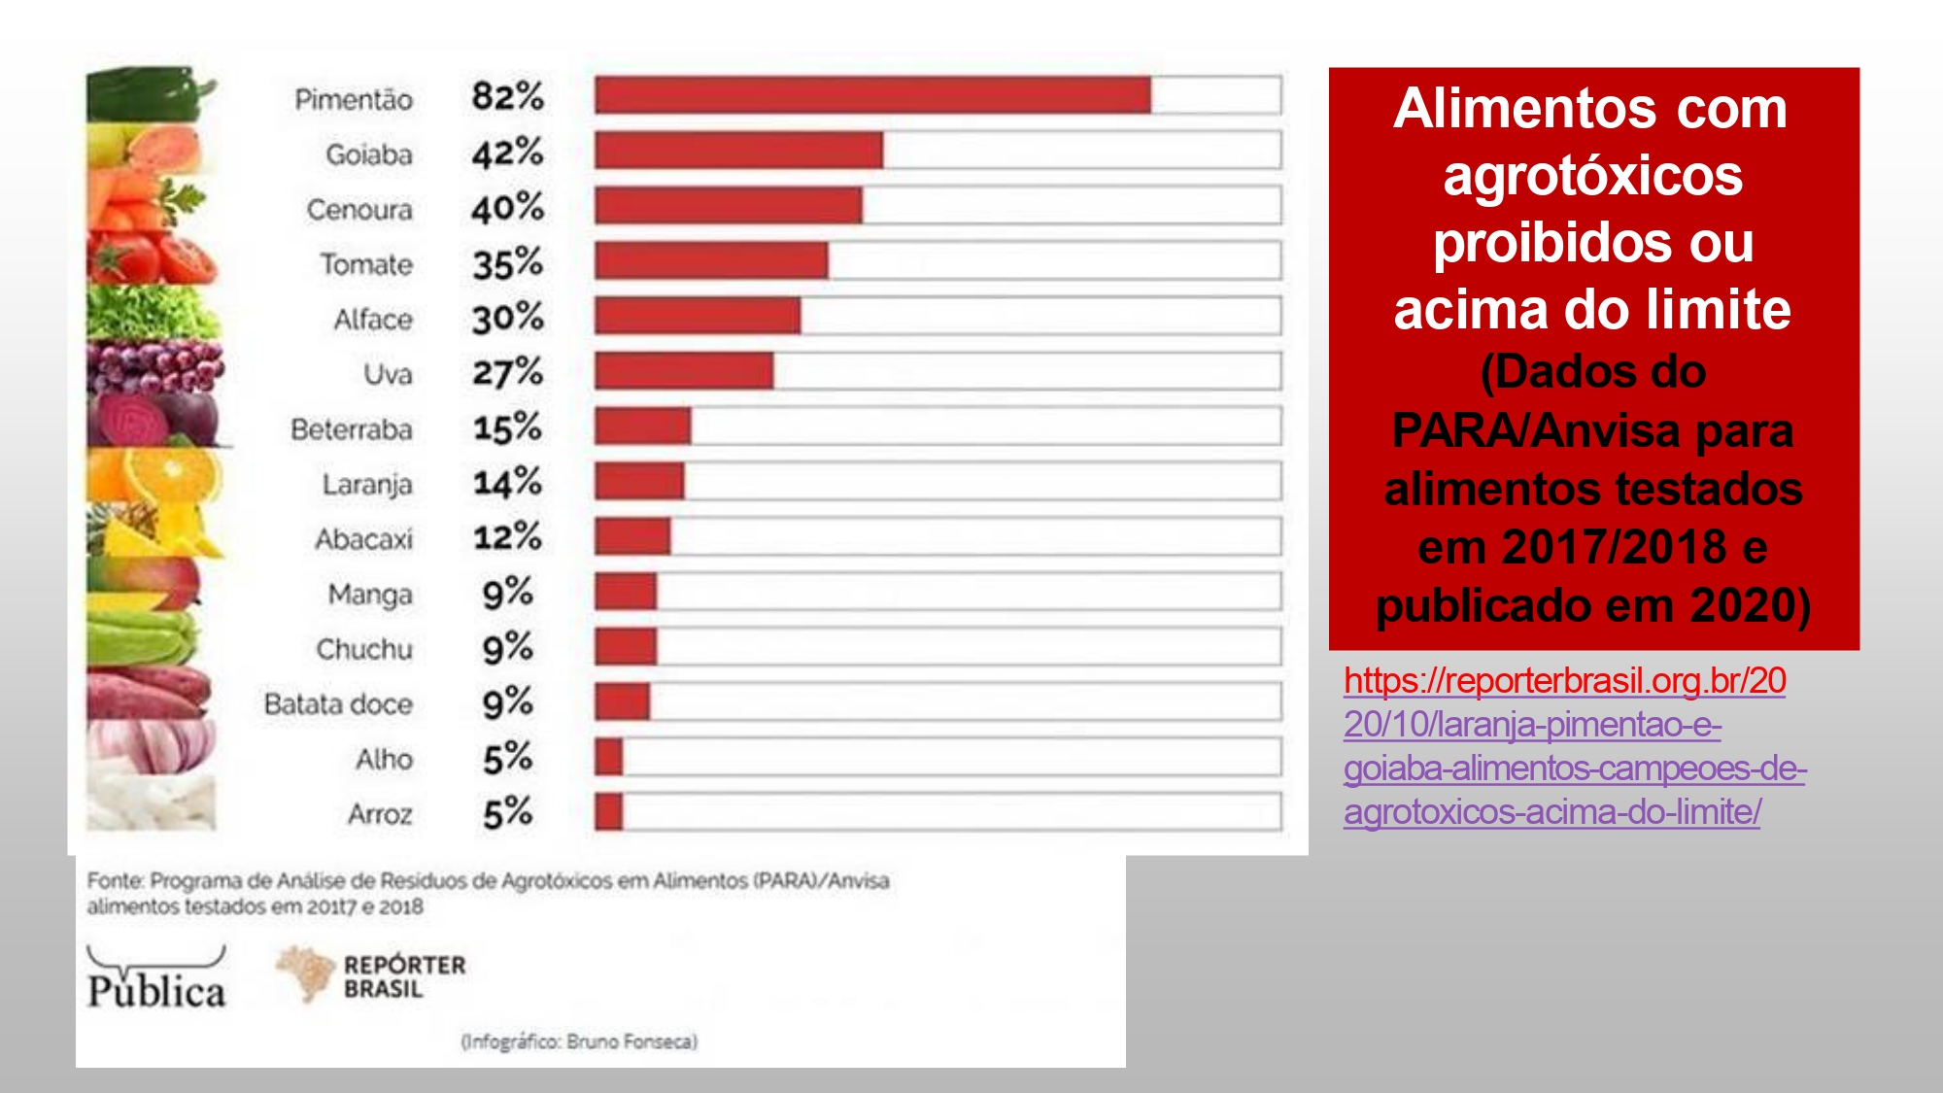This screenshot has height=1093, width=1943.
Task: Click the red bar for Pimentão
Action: click(x=872, y=95)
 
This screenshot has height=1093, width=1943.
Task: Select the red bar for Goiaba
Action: click(x=738, y=151)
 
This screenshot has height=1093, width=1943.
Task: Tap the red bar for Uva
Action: click(x=684, y=371)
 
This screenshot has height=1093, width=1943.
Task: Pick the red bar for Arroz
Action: click(x=609, y=812)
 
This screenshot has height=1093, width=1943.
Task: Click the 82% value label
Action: click(x=507, y=96)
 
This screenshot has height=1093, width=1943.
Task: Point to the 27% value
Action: click(x=507, y=372)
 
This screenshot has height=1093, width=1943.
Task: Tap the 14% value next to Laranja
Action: click(x=507, y=482)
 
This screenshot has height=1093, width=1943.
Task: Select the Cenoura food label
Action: click(x=359, y=210)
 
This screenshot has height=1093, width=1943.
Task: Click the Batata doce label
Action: click(x=338, y=704)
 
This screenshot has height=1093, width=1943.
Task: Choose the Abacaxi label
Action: click(x=363, y=539)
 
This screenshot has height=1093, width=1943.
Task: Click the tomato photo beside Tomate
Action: click(x=151, y=258)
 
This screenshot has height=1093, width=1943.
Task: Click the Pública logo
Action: click(x=156, y=979)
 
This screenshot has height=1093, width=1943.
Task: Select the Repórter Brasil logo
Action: click(x=372, y=975)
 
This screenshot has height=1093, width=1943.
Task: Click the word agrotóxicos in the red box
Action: click(x=1592, y=176)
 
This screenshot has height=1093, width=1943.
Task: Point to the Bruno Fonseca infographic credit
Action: click(x=579, y=1042)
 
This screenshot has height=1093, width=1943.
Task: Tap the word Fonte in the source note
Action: click(x=115, y=881)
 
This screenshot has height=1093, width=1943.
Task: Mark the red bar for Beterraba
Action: click(x=642, y=427)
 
